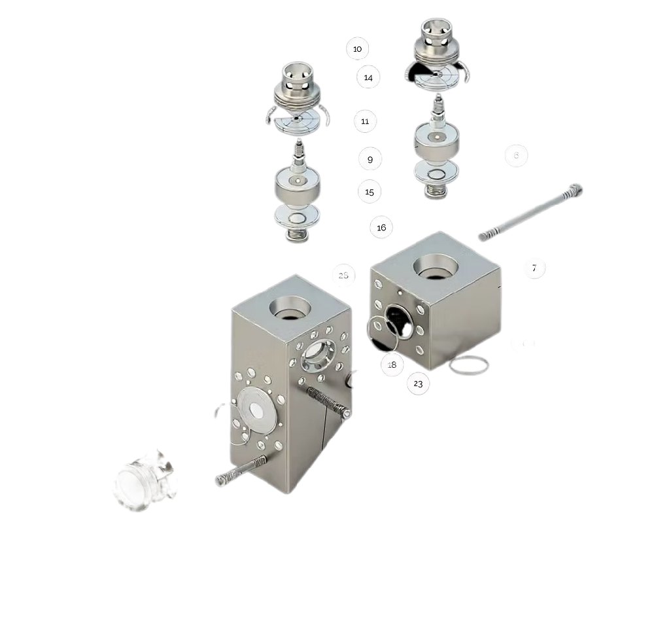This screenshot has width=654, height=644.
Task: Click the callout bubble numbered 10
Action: tap(357, 49)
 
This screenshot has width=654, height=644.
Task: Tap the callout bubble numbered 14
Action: tap(368, 78)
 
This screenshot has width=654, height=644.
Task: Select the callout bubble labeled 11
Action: tap(365, 122)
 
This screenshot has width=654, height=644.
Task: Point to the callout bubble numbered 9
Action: tap(370, 160)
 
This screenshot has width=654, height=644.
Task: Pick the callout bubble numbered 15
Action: tap(370, 192)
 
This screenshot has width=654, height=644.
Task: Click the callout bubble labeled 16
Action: tap(381, 228)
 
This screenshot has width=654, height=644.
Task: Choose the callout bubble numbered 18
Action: tap(392, 365)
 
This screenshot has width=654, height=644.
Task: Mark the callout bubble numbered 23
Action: tap(418, 384)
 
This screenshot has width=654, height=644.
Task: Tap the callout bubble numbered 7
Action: tap(534, 268)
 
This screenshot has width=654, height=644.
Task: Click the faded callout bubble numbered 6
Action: tap(516, 156)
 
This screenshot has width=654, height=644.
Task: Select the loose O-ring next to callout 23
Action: tap(468, 365)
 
